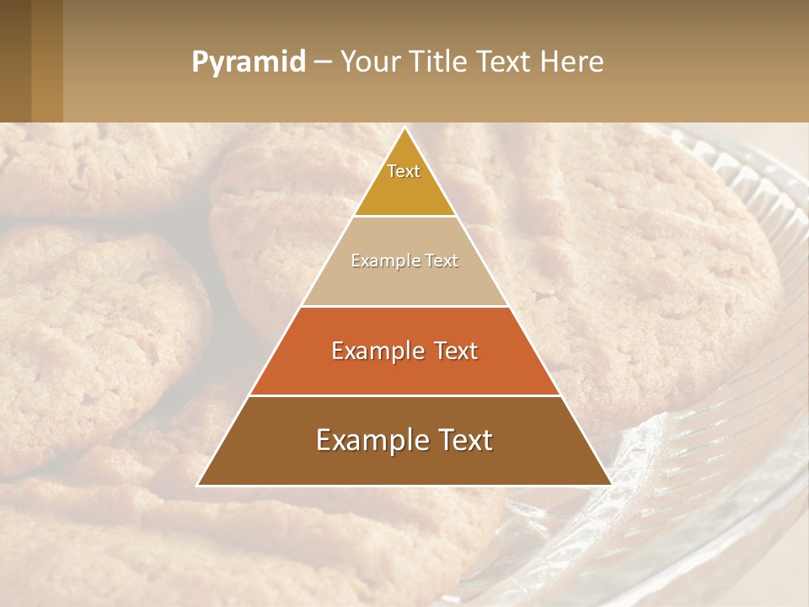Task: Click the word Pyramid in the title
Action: coord(248,62)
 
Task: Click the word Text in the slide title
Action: coord(505,62)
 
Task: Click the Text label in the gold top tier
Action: coord(404,171)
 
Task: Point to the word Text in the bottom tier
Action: coord(463,440)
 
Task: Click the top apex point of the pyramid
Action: coord(404,127)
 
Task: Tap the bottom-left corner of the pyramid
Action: coord(198,485)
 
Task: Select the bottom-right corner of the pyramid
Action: coord(611,485)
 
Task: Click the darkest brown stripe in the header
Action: coord(15,61)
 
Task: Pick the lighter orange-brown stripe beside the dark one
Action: coord(47,61)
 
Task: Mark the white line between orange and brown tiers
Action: coord(404,395)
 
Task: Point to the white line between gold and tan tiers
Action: coord(404,216)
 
